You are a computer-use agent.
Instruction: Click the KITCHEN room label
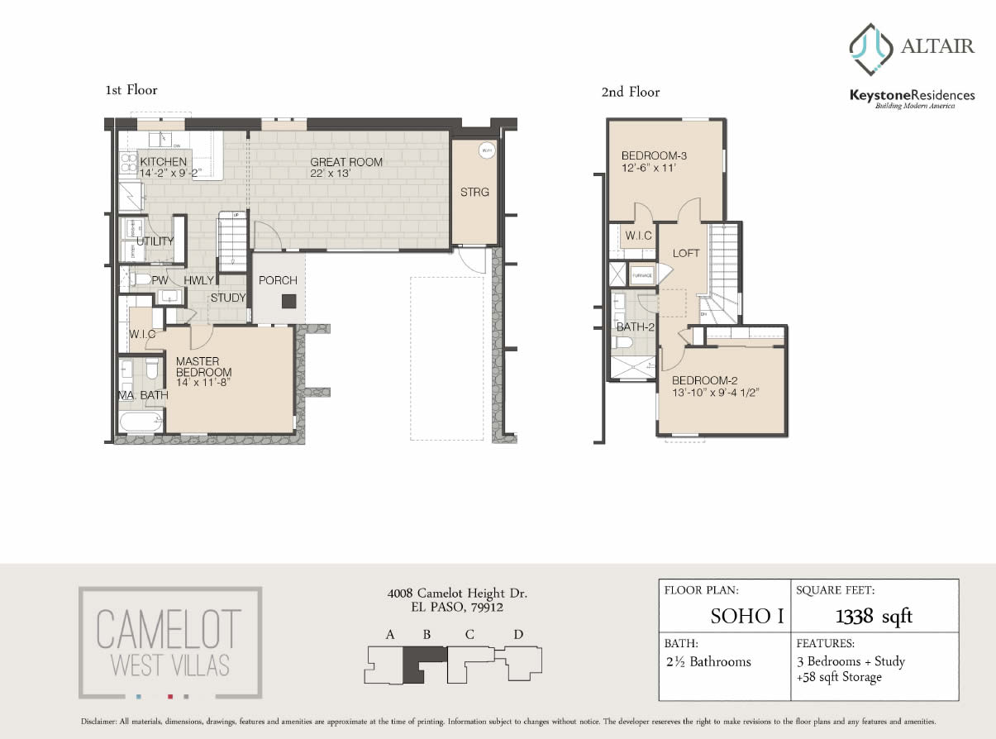coord(164,161)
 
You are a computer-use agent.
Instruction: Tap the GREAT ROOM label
coord(346,162)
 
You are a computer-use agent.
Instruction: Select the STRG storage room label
coord(474,193)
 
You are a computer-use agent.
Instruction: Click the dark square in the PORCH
coord(288,302)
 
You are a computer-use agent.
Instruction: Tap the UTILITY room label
coord(155,241)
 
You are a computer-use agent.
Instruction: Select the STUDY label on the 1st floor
coord(227,298)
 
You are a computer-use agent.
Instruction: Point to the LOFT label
coord(686,253)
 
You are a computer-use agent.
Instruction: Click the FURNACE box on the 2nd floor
coord(642,275)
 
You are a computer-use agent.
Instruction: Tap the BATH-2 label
coord(635,327)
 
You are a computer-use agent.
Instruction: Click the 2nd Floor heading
coord(630,92)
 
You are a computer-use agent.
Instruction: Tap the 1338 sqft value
coord(874,616)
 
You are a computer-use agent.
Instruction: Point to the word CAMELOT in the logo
coord(169,630)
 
